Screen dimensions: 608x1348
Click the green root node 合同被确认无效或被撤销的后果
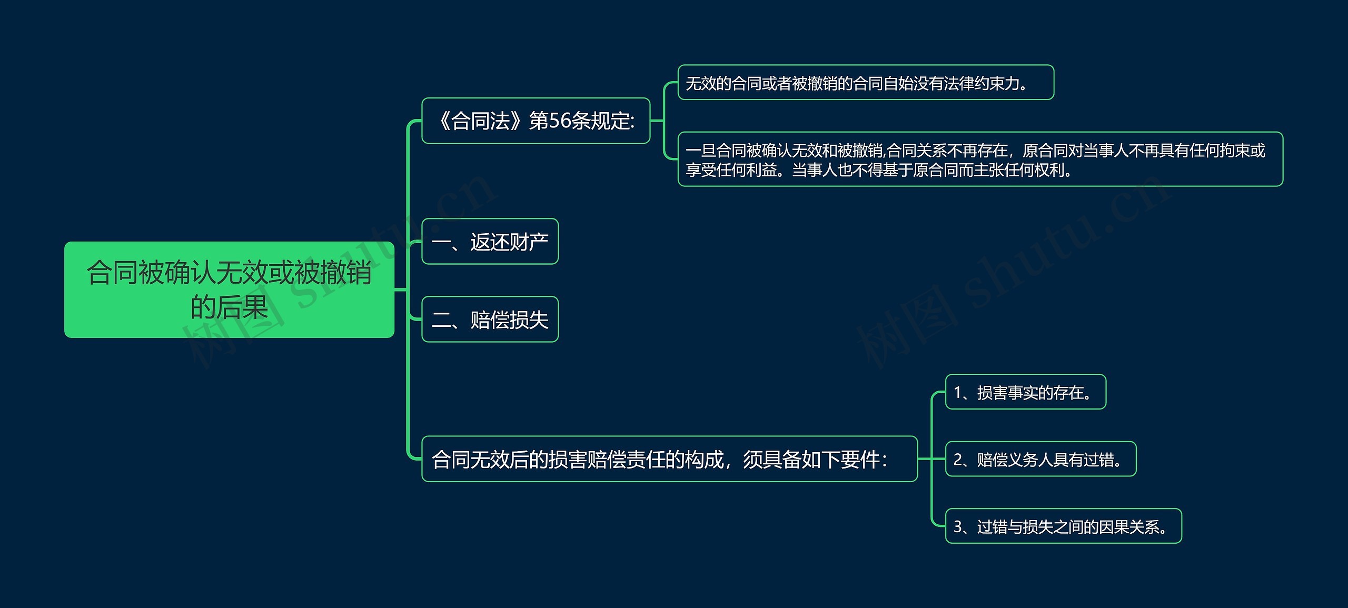(x=229, y=290)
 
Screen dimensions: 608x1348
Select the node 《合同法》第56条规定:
(x=536, y=121)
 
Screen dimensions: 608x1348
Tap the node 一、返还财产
(x=490, y=242)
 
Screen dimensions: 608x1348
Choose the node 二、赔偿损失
(x=490, y=320)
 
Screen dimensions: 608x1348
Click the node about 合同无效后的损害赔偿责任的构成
(x=669, y=459)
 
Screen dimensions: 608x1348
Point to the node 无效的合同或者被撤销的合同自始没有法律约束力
(x=865, y=83)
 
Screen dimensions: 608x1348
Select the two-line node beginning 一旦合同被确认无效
(x=980, y=160)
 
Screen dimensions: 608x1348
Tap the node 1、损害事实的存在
(x=1025, y=392)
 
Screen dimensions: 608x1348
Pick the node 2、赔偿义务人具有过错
(x=1040, y=460)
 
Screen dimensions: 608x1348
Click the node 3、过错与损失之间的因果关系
(x=1063, y=526)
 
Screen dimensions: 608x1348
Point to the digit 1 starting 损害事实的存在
(x=958, y=393)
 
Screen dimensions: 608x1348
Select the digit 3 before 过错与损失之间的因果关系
(x=958, y=527)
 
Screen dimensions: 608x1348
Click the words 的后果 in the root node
(x=229, y=307)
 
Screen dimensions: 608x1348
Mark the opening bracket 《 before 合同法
(x=442, y=121)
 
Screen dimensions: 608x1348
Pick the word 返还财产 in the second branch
(x=509, y=242)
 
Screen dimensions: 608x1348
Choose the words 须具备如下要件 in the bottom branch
(x=811, y=460)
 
